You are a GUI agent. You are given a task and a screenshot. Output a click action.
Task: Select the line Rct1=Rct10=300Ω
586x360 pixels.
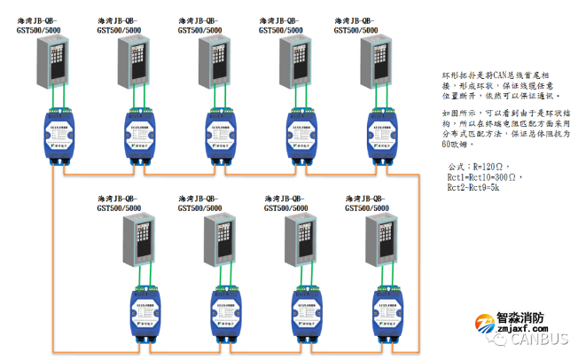485,176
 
